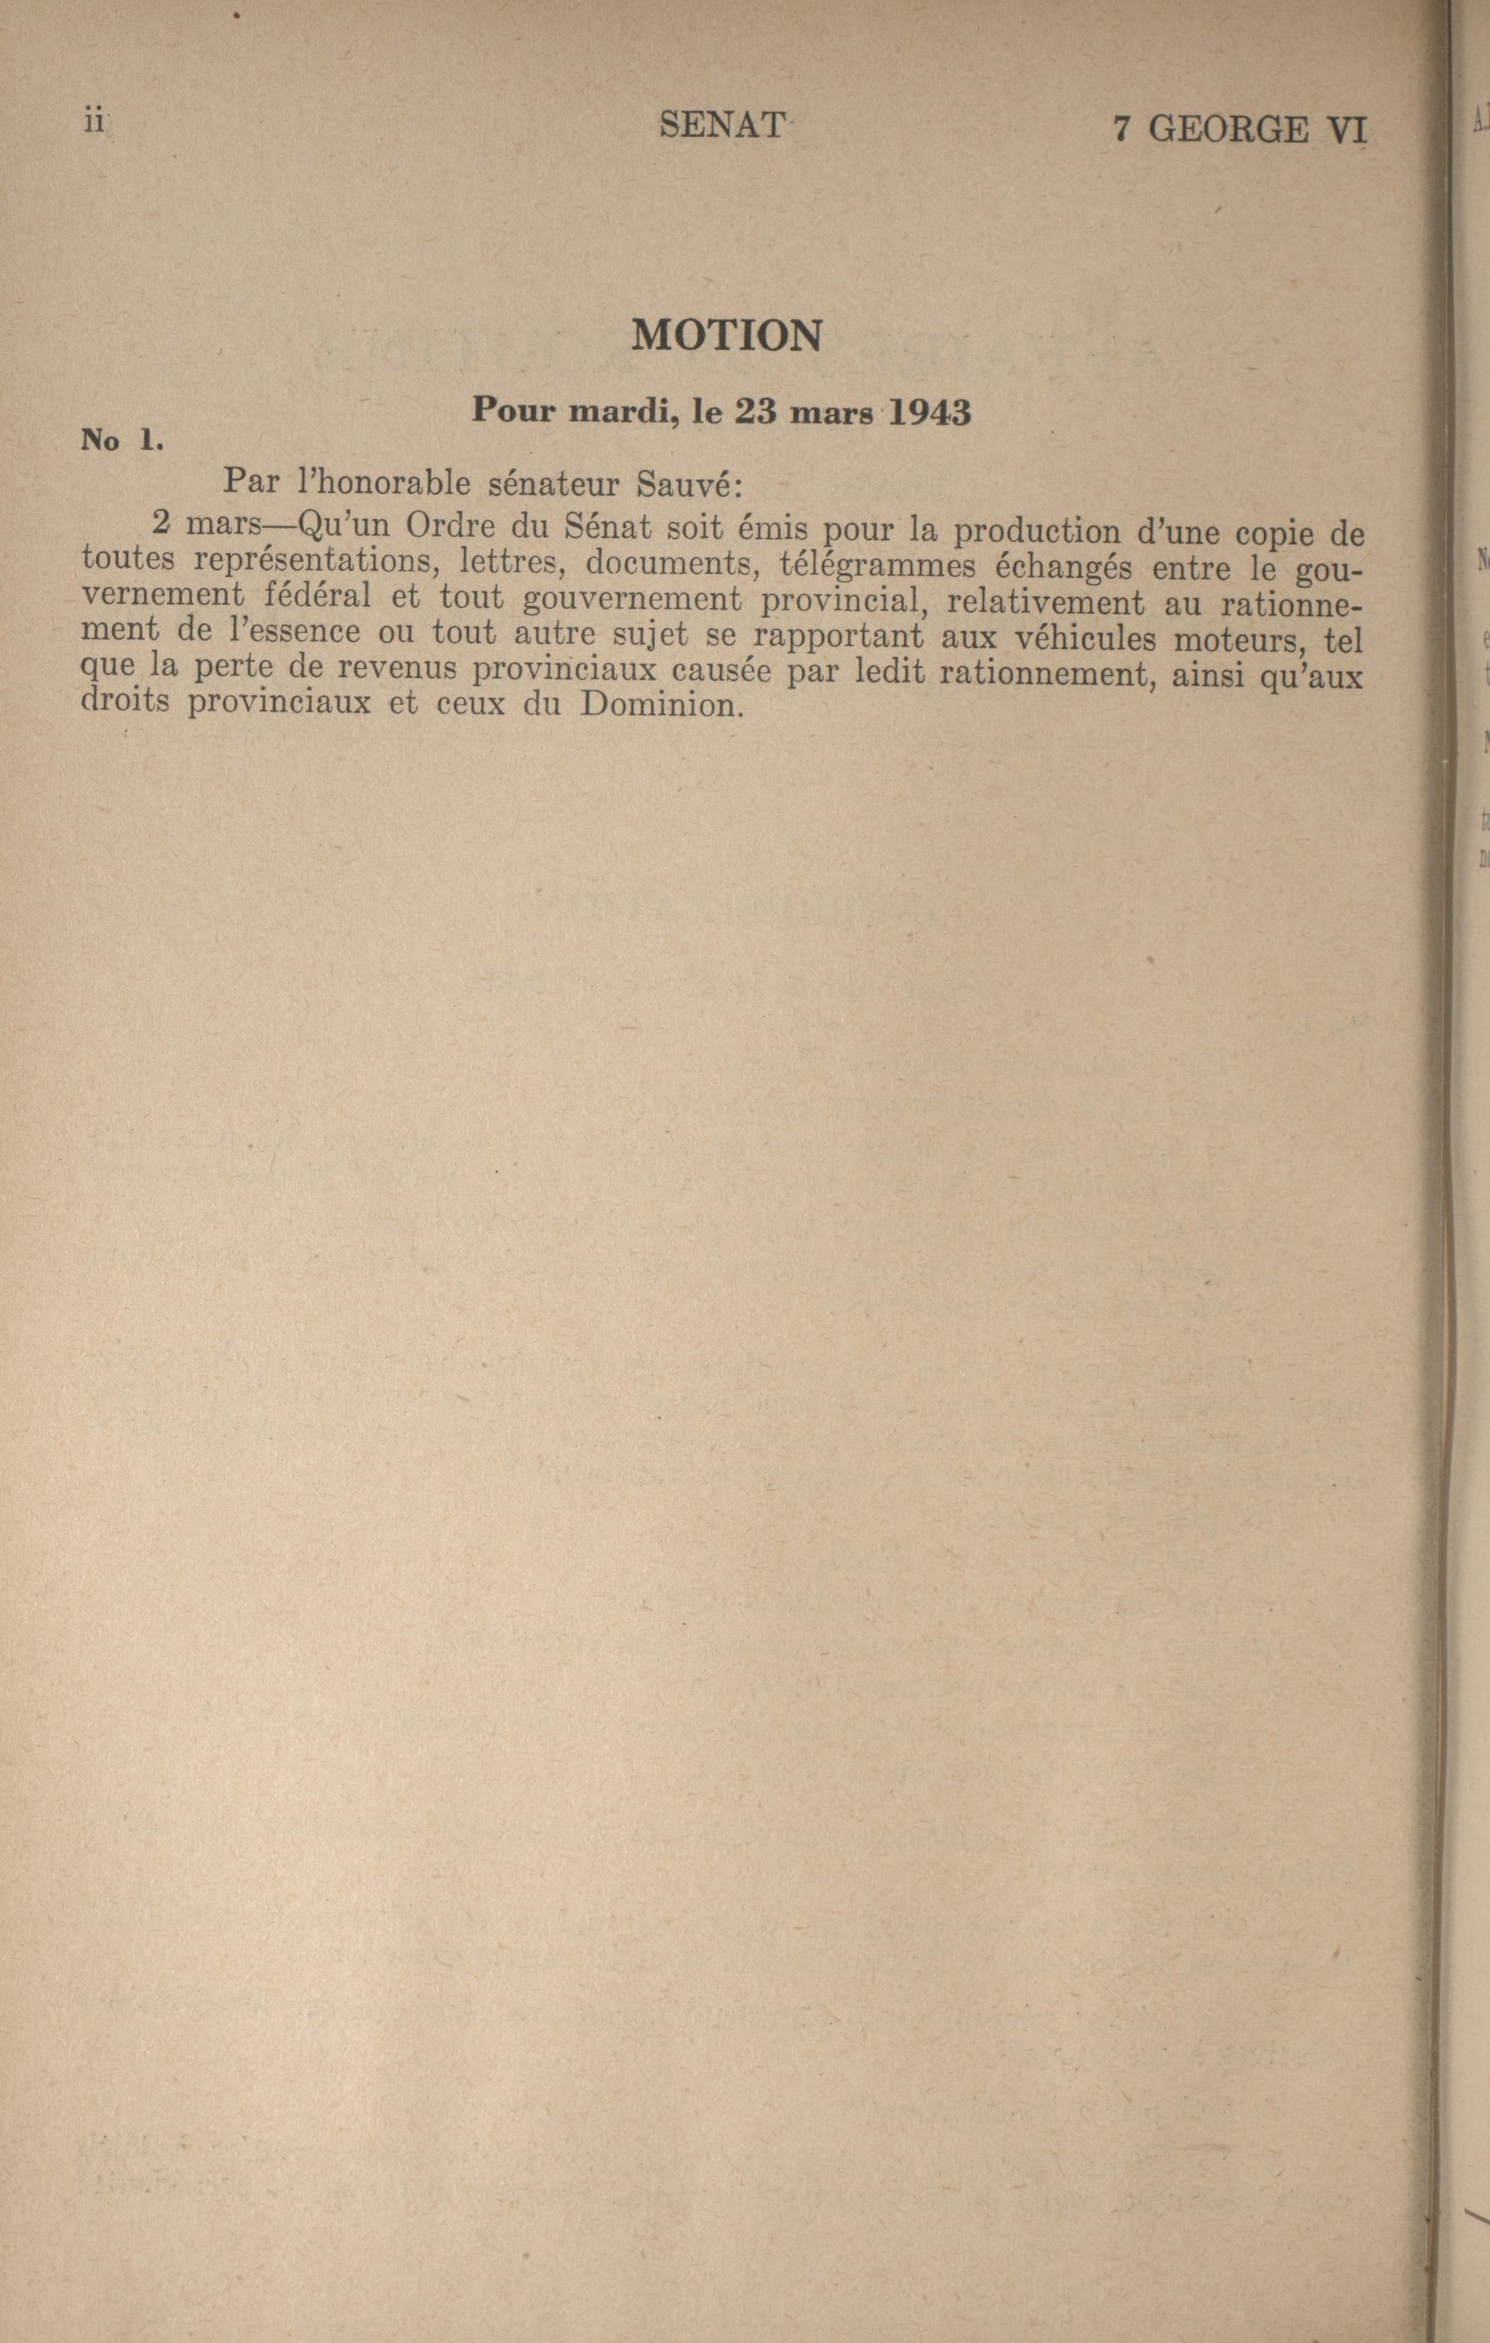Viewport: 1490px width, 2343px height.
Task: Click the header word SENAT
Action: click(721, 126)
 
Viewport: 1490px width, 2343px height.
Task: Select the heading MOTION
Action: click(726, 336)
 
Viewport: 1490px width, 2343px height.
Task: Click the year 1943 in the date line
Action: click(929, 413)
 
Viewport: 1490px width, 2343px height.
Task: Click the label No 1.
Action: click(120, 441)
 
